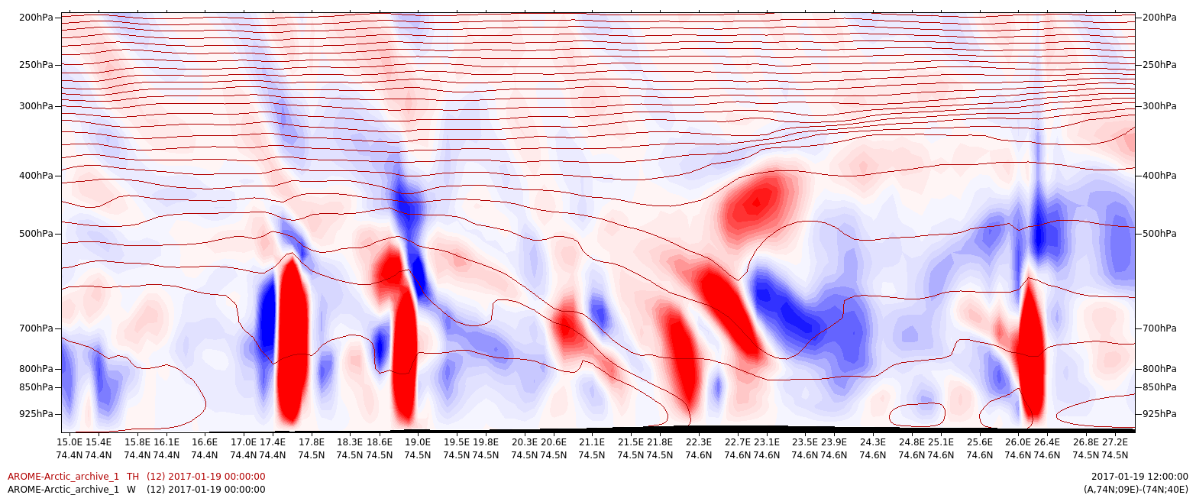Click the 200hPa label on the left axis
coord(36,18)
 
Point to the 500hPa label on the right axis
coord(1159,234)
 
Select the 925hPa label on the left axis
coord(36,414)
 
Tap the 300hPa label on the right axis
coord(1159,106)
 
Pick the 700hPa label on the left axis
coord(36,328)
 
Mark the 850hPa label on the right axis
coord(1159,387)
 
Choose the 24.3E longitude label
coord(873,442)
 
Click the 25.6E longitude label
coord(980,442)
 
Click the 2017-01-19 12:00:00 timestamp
coord(1139,477)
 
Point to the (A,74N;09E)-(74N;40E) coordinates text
coord(1136,490)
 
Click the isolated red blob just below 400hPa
coord(756,202)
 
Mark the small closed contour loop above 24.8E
coord(918,415)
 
